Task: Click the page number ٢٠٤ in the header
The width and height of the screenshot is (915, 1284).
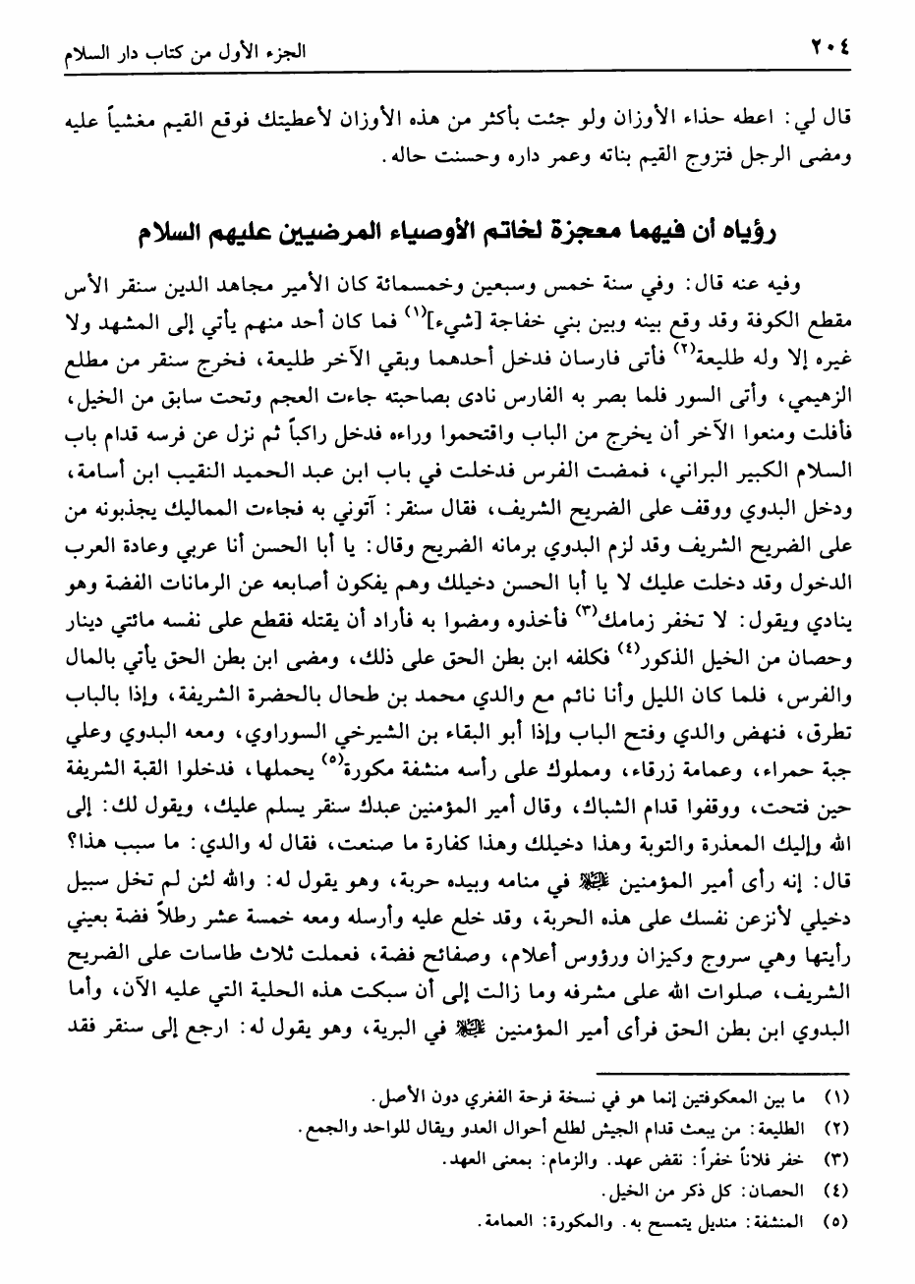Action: (831, 48)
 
